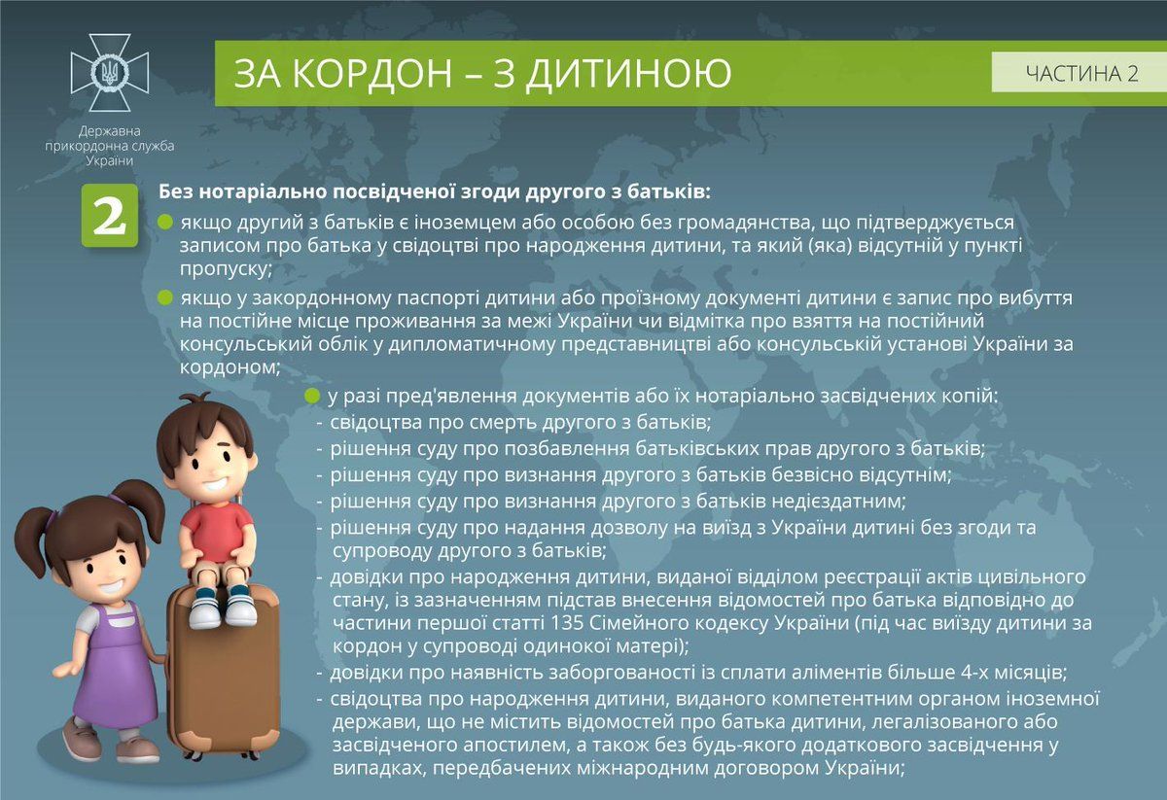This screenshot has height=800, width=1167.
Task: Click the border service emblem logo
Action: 110,73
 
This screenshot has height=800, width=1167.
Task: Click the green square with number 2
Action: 109,216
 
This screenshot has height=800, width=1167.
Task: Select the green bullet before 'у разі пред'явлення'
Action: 312,396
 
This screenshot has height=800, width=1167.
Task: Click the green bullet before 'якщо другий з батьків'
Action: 165,223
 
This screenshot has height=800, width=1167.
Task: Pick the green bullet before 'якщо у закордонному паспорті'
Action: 165,296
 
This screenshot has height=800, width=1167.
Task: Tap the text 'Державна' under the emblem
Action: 110,131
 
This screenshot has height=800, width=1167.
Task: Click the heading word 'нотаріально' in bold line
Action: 254,189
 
